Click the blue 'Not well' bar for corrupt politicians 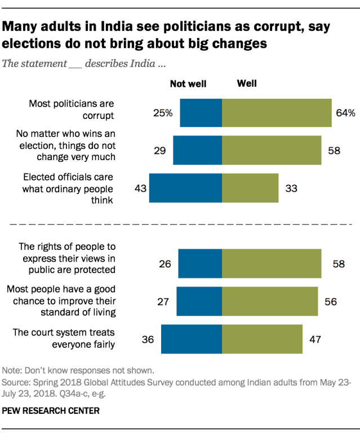pyautogui.click(x=201, y=113)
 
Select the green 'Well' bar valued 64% pyautogui.click(x=276, y=113)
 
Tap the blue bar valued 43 pyautogui.click(x=185, y=188)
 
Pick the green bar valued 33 pyautogui.click(x=250, y=188)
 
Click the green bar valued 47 pyautogui.click(x=262, y=339)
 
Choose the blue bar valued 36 pyautogui.click(x=192, y=339)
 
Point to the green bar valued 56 pyautogui.click(x=270, y=301)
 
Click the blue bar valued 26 pyautogui.click(x=200, y=263)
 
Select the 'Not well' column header pyautogui.click(x=188, y=84)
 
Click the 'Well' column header pyautogui.click(x=247, y=83)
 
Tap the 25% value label pyautogui.click(x=162, y=113)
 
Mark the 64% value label pyautogui.click(x=346, y=113)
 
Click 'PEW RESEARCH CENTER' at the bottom pyautogui.click(x=51, y=411)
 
